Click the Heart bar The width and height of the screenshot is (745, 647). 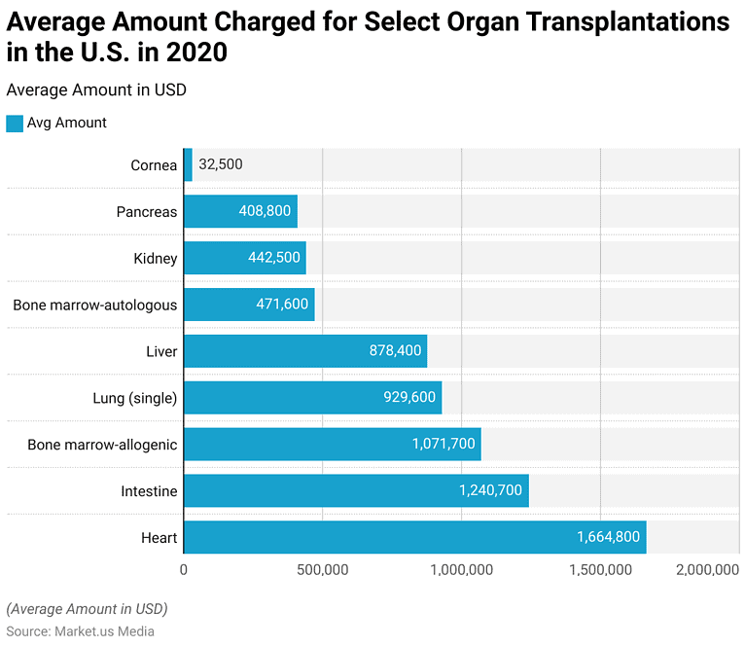(x=414, y=537)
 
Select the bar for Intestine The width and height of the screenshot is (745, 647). (x=356, y=490)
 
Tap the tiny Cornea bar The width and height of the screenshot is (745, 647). (x=188, y=164)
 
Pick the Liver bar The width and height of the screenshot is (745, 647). (x=305, y=351)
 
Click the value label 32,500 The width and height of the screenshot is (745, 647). (x=221, y=164)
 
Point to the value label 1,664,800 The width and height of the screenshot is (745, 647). (x=608, y=537)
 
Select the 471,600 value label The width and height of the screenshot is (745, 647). (x=282, y=305)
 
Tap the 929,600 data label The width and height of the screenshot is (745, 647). (x=409, y=398)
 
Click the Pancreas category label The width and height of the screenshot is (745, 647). (x=147, y=211)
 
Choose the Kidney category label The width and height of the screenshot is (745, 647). (x=156, y=258)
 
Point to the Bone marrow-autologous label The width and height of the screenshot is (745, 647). (x=95, y=305)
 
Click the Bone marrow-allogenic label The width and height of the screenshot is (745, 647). (x=102, y=445)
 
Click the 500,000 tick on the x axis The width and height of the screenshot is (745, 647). (x=322, y=570)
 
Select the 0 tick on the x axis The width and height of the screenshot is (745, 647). (x=184, y=570)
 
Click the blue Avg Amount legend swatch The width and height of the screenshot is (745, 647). (x=15, y=123)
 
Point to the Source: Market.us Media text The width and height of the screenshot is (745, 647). (x=80, y=631)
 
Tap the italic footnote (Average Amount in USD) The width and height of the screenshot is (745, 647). (x=87, y=609)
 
